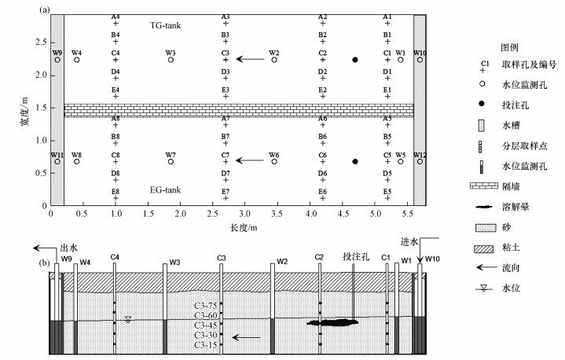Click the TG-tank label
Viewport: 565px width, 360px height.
[166, 25]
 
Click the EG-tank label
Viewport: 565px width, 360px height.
[166, 189]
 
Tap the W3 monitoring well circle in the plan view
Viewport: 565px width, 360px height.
[171, 60]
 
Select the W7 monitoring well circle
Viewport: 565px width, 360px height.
[171, 161]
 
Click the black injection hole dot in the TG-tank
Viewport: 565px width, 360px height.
[355, 60]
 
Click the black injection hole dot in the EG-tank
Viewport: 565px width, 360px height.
[355, 161]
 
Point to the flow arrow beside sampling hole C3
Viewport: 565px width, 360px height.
[251, 59]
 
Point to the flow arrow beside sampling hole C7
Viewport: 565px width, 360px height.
[251, 160]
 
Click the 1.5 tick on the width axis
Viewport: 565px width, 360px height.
[39, 111]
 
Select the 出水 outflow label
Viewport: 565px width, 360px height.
[70, 246]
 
